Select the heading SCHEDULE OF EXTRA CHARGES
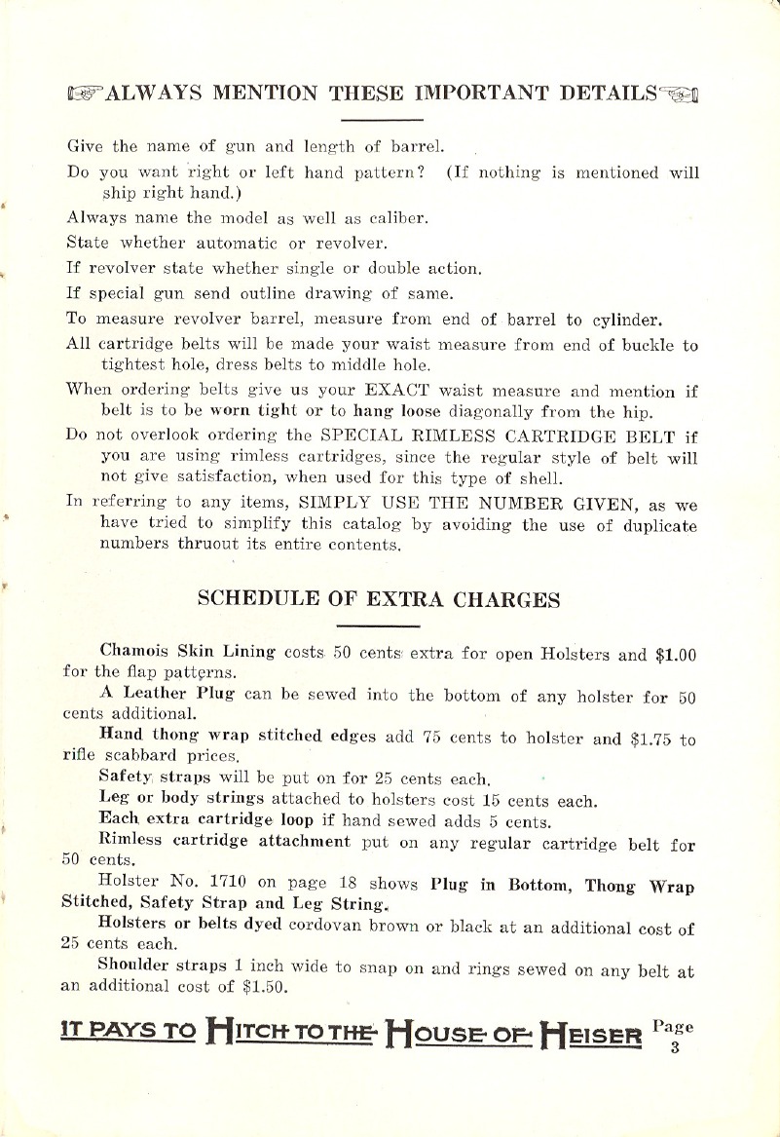pos(379,599)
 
